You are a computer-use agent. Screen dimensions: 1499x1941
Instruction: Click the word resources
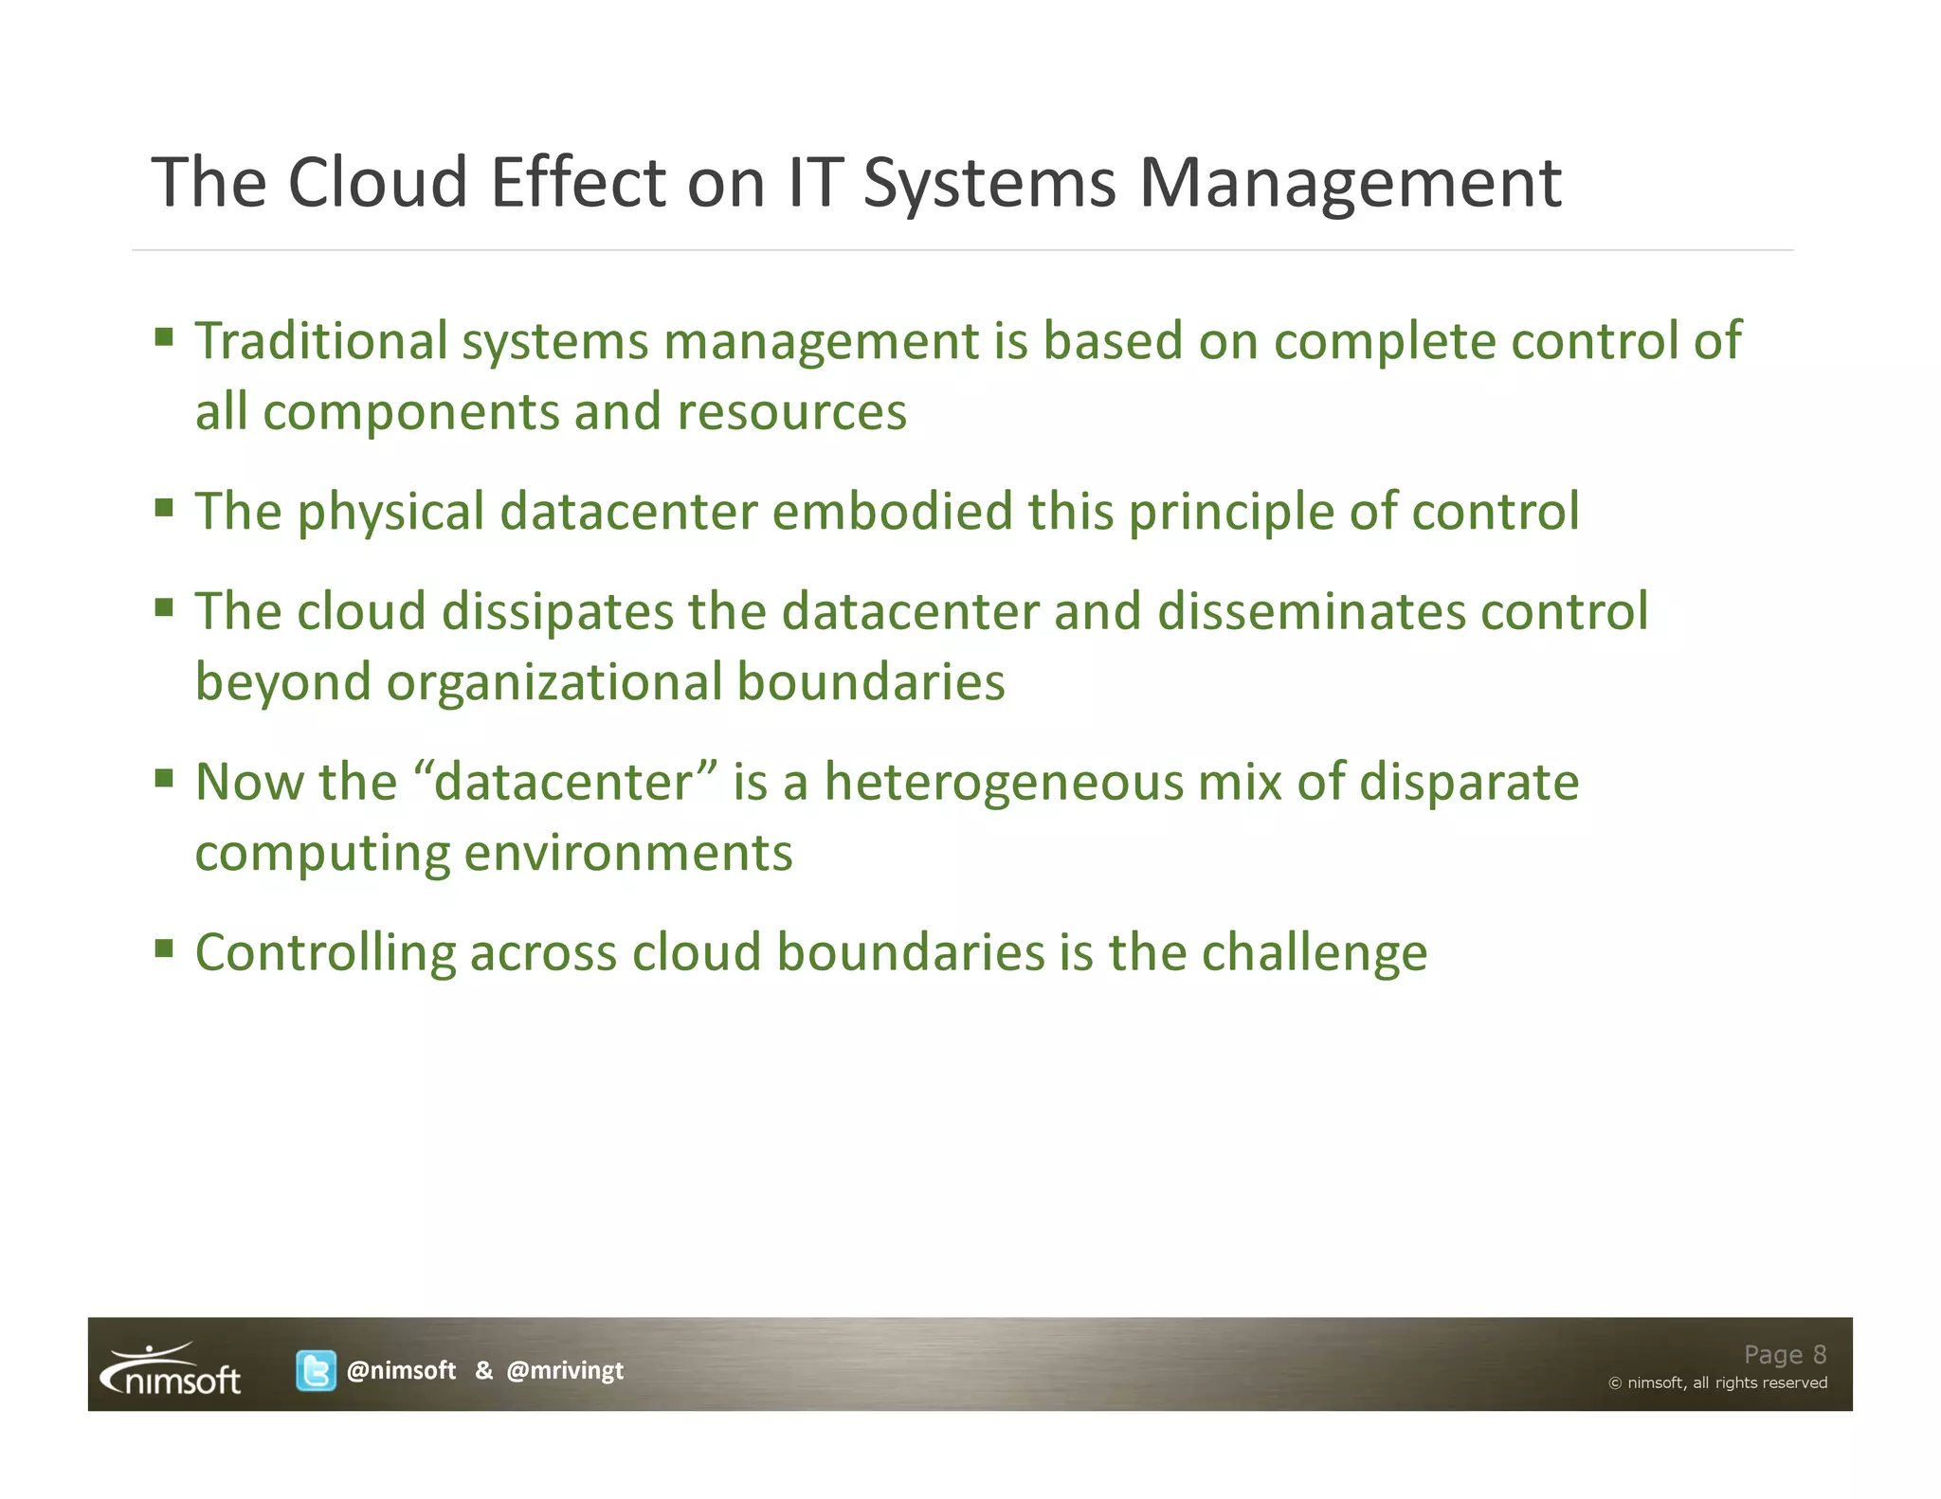(791, 412)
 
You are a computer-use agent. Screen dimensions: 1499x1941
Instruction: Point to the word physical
(390, 513)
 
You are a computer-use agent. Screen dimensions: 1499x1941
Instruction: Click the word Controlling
(325, 953)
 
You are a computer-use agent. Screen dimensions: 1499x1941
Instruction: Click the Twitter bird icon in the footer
(316, 1370)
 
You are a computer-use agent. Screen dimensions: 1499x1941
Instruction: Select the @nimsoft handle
(401, 1370)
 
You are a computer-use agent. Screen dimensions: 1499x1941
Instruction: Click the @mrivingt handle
(565, 1370)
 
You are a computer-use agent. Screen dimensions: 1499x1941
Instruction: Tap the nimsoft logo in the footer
(172, 1371)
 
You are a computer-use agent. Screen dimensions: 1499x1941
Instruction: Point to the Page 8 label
(1785, 1354)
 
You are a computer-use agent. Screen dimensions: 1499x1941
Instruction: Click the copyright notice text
(1717, 1382)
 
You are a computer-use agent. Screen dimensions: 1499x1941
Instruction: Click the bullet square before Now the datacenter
(165, 778)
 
